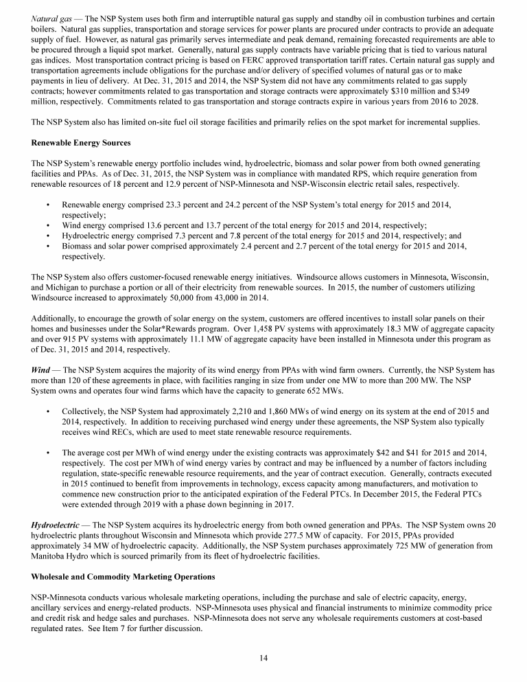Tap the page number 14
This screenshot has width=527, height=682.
(263, 658)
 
